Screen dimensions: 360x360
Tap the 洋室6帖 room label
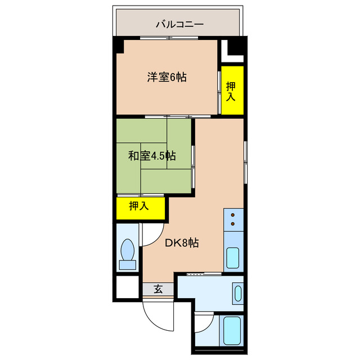click(167, 78)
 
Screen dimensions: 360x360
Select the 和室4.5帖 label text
click(151, 156)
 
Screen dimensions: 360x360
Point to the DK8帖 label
click(181, 243)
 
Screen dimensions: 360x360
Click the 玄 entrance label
click(158, 290)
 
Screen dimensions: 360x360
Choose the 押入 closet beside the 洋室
click(231, 91)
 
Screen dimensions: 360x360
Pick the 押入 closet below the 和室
click(139, 206)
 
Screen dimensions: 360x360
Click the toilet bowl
click(128, 248)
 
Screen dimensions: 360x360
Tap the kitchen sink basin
click(233, 259)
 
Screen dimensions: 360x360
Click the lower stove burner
click(233, 225)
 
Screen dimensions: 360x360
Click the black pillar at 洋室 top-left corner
click(119, 46)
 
